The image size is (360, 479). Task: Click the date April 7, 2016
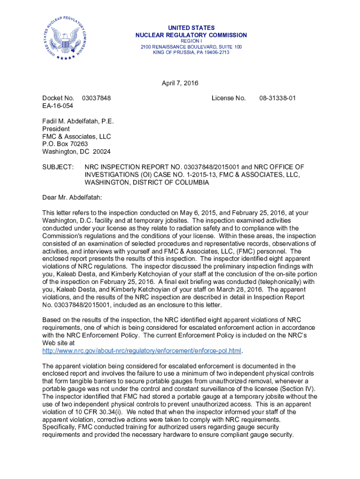coord(180,84)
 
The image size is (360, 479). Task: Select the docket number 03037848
coord(96,98)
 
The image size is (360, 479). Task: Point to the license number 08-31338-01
coord(278,98)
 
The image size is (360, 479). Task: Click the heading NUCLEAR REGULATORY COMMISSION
coord(191,36)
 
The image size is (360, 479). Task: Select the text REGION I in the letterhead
coord(191,42)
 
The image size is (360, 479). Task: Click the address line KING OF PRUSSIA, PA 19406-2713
coord(191,52)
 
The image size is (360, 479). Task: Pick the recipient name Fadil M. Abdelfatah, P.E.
coord(78,121)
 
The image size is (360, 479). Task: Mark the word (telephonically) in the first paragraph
coord(286,282)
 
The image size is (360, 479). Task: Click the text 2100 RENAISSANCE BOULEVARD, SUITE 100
coord(191,47)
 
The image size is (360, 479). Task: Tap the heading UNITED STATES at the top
coord(191,28)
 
